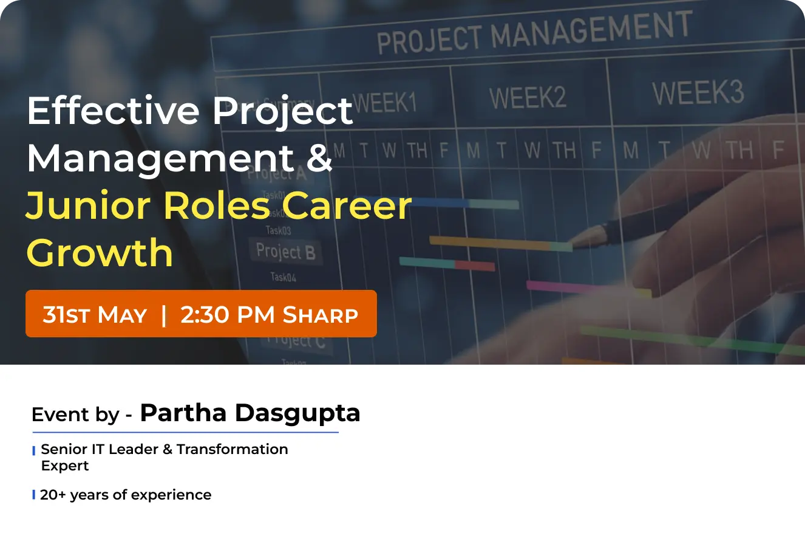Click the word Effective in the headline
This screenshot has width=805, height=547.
coord(112,111)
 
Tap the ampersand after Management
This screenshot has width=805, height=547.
coord(320,158)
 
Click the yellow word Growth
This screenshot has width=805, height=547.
coord(100,253)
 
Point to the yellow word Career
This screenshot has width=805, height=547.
coord(347,205)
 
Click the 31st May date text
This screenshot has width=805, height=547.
coord(95,315)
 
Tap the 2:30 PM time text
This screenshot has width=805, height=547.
coord(228,315)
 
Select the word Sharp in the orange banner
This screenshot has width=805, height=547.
coord(321,315)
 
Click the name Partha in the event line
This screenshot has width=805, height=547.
coord(183,413)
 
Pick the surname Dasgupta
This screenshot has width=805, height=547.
coord(297,413)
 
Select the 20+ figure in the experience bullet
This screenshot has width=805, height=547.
coord(53,495)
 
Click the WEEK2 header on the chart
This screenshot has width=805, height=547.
coord(528,97)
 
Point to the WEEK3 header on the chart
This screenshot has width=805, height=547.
coord(698,93)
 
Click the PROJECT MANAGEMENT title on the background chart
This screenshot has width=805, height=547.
coord(534,33)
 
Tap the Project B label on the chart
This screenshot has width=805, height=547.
coord(285,251)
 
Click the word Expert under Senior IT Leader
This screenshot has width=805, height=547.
coord(65,466)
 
